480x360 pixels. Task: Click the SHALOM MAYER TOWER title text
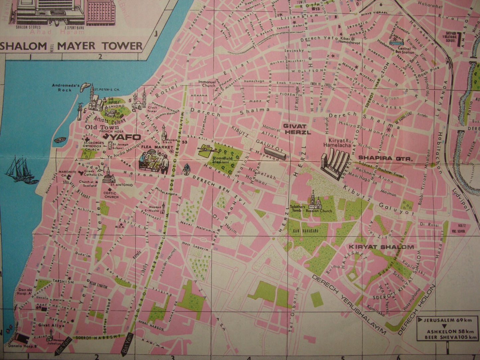click(71, 46)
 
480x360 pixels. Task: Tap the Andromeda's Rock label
click(65, 88)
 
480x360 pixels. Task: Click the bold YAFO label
click(128, 137)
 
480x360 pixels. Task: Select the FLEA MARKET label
click(152, 147)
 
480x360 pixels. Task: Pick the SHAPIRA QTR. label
click(385, 159)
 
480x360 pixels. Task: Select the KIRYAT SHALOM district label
click(381, 247)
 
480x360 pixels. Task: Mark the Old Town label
click(102, 127)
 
